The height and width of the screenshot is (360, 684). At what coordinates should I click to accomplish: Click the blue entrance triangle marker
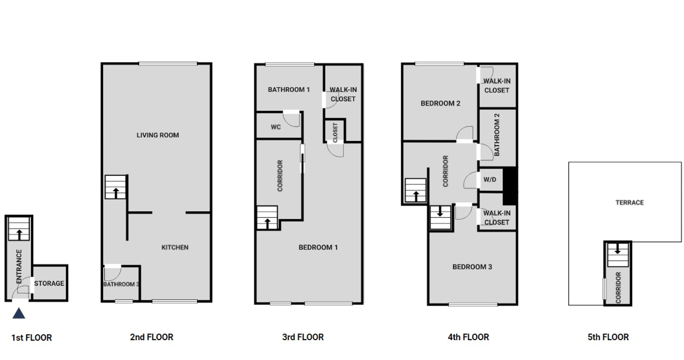tap(18, 313)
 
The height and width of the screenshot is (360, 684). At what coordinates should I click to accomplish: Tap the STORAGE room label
tap(49, 283)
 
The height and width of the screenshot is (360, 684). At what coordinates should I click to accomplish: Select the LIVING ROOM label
tap(157, 135)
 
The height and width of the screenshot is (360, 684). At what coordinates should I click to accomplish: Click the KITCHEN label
tap(175, 247)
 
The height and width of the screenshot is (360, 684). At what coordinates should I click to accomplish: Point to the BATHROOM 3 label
tap(121, 284)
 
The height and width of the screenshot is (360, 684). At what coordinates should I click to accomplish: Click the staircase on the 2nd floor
tap(115, 187)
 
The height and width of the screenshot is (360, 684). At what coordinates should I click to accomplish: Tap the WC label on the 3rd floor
tap(276, 127)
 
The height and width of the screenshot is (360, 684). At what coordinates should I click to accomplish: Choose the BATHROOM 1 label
tap(289, 90)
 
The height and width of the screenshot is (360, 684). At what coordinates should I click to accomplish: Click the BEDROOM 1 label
tap(318, 247)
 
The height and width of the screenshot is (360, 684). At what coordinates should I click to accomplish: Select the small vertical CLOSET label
tap(335, 132)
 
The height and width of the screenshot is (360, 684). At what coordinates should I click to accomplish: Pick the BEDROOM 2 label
tap(440, 103)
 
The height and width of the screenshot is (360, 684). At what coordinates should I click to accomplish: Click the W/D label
tap(490, 180)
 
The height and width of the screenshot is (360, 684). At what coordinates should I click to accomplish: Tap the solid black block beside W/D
tap(510, 186)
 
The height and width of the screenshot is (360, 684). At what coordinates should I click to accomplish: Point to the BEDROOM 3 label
tap(472, 267)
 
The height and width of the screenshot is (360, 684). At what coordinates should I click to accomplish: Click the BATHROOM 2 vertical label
tap(497, 135)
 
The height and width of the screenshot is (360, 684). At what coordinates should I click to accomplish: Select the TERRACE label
tap(630, 202)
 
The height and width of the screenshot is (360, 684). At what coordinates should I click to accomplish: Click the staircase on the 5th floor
tap(618, 255)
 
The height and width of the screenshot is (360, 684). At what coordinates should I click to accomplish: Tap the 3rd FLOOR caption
tap(303, 337)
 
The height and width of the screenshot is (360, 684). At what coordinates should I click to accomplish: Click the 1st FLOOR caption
tap(32, 337)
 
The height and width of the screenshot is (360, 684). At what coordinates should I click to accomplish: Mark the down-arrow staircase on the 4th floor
tap(440, 217)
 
